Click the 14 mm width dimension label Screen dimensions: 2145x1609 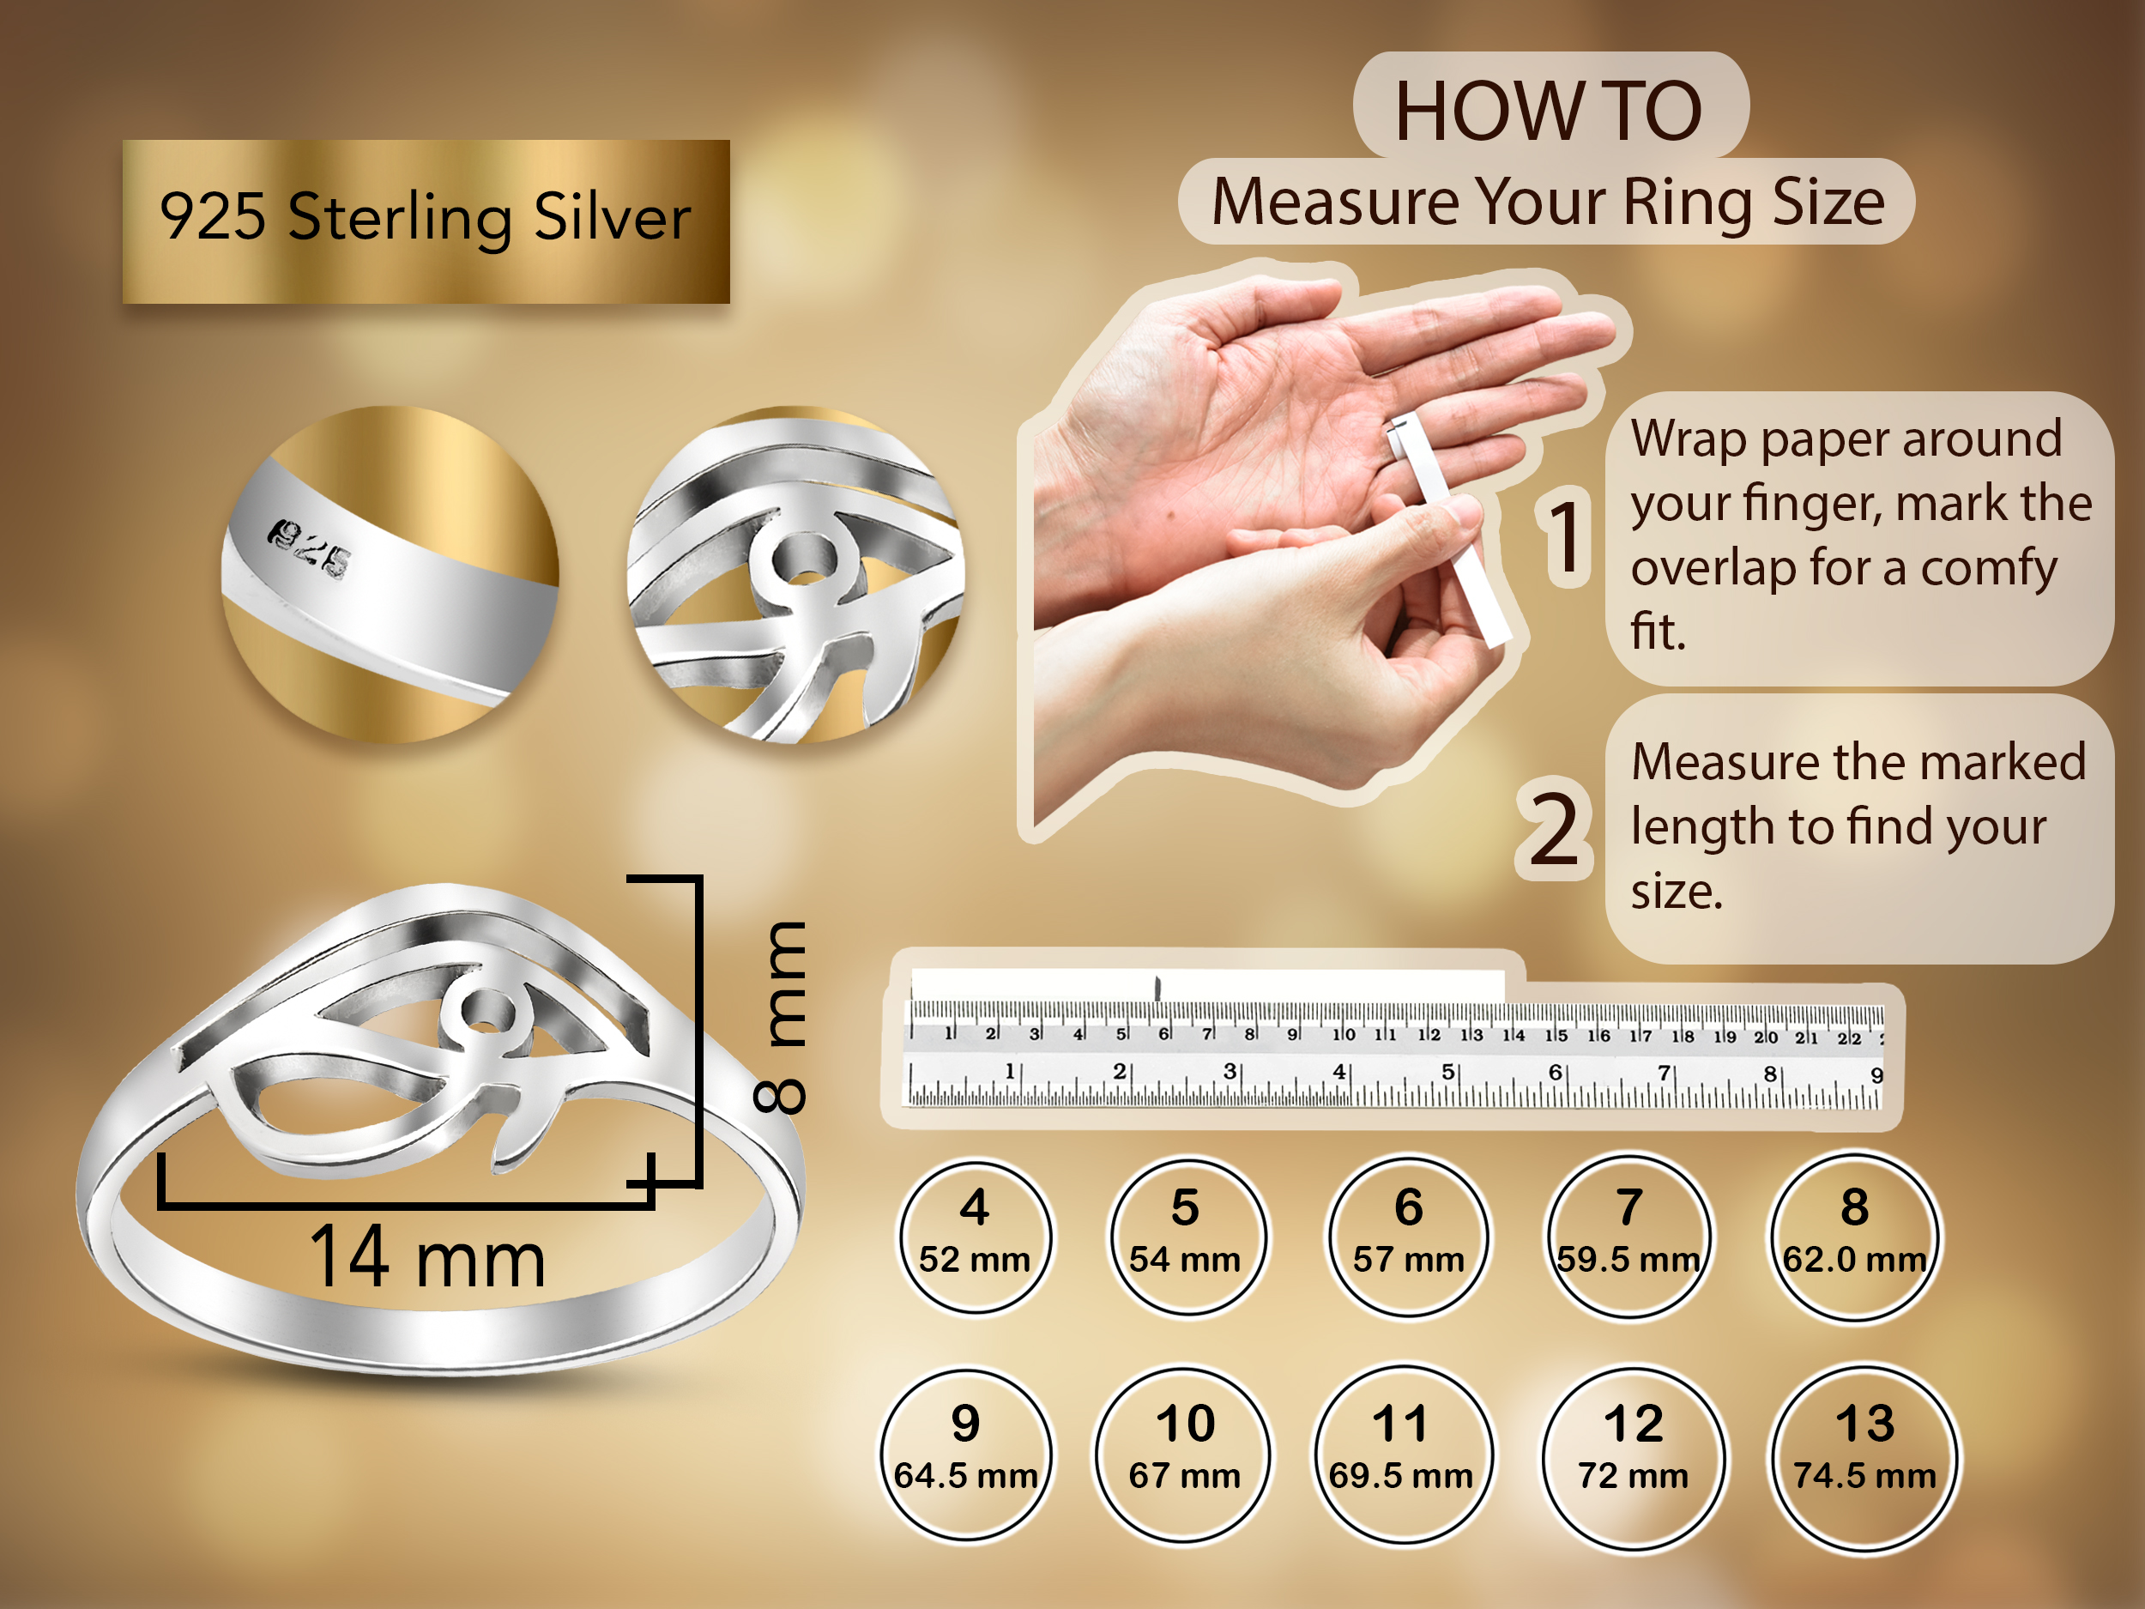(427, 1257)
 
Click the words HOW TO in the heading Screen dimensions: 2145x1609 (1549, 111)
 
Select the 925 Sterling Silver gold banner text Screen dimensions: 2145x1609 (425, 216)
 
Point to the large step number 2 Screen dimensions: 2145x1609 (1556, 828)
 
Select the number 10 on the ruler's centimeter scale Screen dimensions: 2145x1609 (1343, 1035)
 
